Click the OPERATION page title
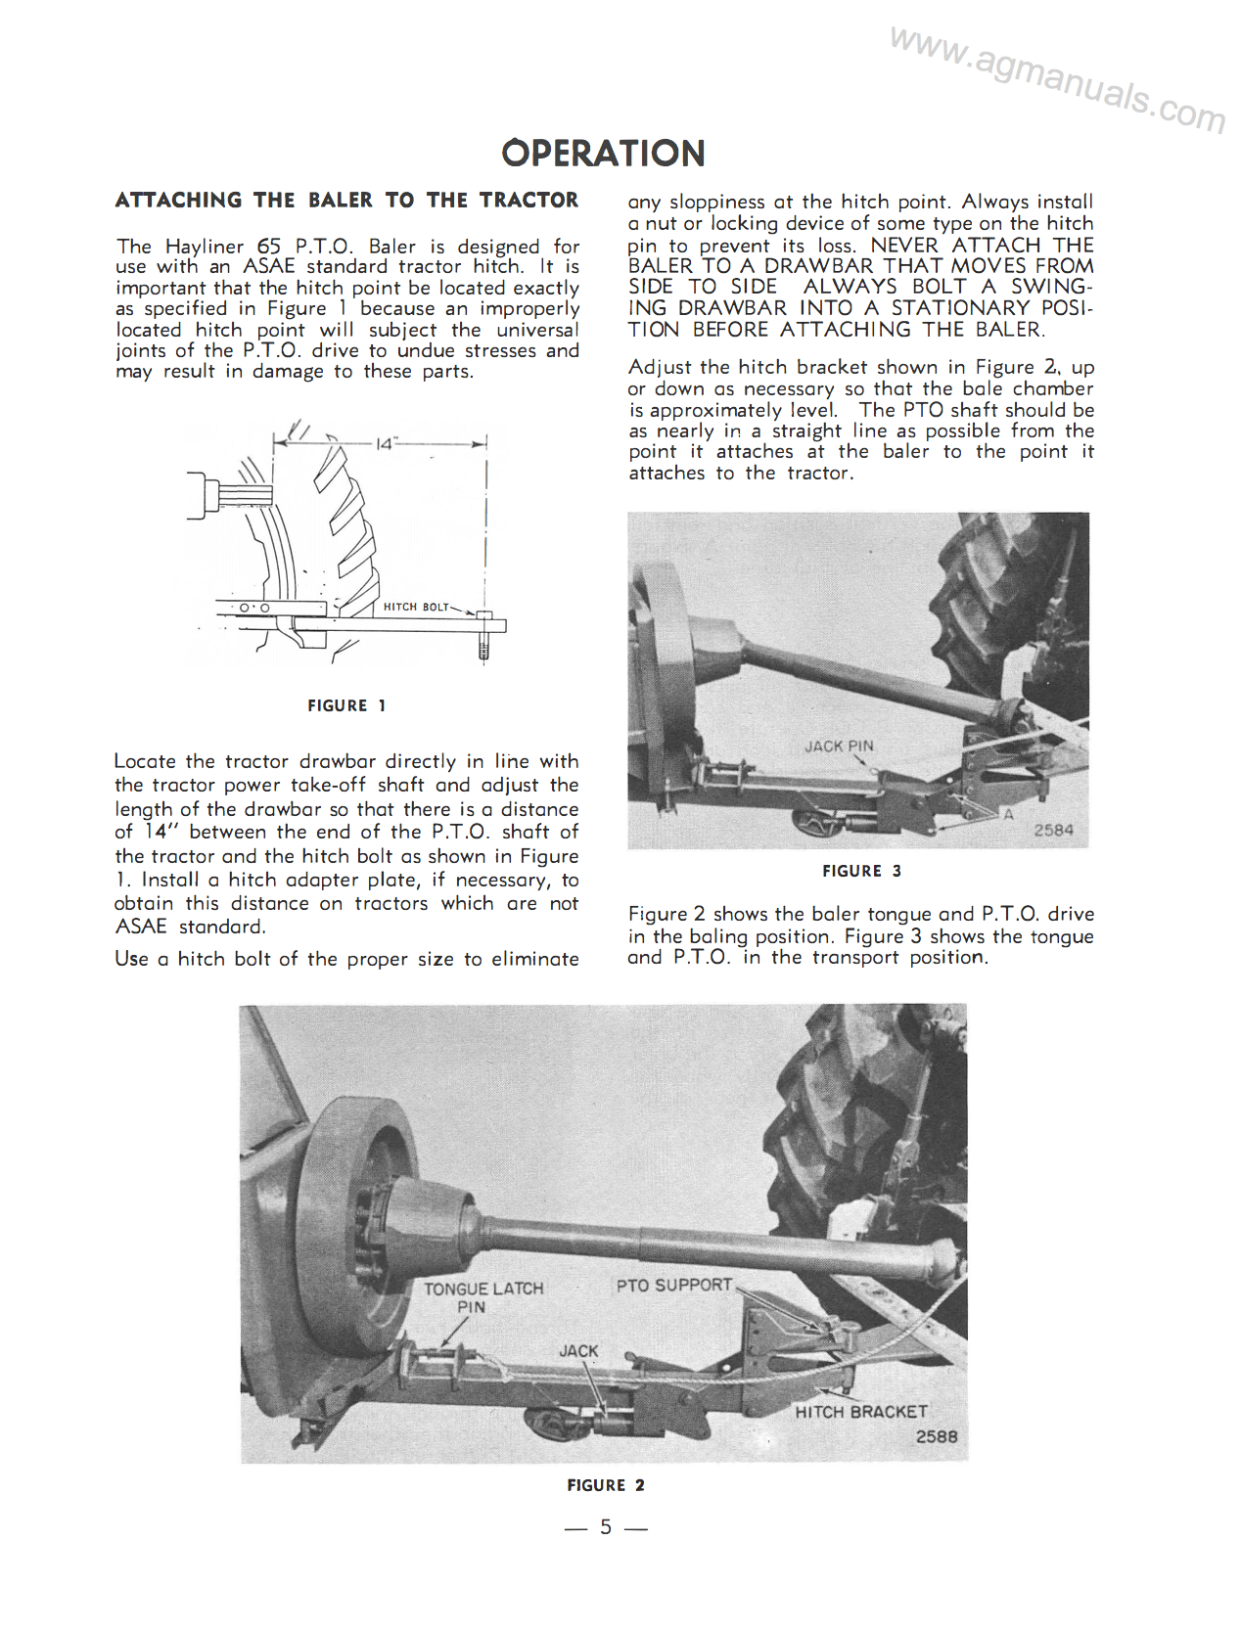point(603,154)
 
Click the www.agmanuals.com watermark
point(1057,81)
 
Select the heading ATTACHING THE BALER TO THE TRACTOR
point(346,201)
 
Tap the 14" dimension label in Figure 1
point(384,444)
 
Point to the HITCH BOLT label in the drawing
point(415,607)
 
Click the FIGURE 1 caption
point(346,705)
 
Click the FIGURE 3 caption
point(861,871)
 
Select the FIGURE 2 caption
point(605,1485)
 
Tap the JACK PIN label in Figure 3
point(839,747)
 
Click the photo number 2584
point(1053,830)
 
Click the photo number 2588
point(937,1436)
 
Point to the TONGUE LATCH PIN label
point(483,1297)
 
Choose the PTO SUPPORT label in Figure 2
point(673,1285)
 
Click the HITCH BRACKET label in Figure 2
point(860,1412)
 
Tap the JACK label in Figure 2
point(578,1350)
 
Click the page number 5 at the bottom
point(606,1527)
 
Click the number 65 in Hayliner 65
point(268,247)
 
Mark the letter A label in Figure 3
point(1008,814)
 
